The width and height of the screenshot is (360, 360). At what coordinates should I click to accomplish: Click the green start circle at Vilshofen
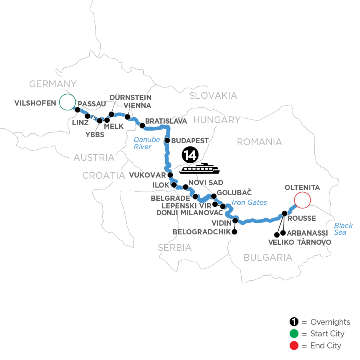click(67, 102)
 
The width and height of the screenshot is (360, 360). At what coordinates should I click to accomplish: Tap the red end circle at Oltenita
click(302, 200)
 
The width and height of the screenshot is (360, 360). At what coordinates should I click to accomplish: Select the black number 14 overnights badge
click(190, 155)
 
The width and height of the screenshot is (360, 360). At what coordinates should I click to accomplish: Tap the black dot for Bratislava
click(142, 125)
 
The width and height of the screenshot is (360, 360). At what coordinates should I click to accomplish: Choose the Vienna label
click(137, 106)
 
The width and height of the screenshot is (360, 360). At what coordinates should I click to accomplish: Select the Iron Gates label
click(248, 202)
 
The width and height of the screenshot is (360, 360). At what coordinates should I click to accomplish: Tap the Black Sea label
click(344, 229)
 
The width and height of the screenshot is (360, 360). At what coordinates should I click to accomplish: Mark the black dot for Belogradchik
click(234, 232)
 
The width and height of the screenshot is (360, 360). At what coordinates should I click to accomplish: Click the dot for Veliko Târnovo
click(276, 234)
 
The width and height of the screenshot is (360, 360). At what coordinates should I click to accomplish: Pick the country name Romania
click(260, 142)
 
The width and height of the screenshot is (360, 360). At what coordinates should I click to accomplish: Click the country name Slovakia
click(213, 95)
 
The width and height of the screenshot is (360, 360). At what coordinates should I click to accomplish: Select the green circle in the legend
click(294, 334)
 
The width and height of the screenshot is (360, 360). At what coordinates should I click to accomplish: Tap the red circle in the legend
click(294, 345)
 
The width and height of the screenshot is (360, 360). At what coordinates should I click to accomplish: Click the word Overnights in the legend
click(330, 322)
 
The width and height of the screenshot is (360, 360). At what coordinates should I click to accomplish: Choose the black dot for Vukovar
click(170, 175)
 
